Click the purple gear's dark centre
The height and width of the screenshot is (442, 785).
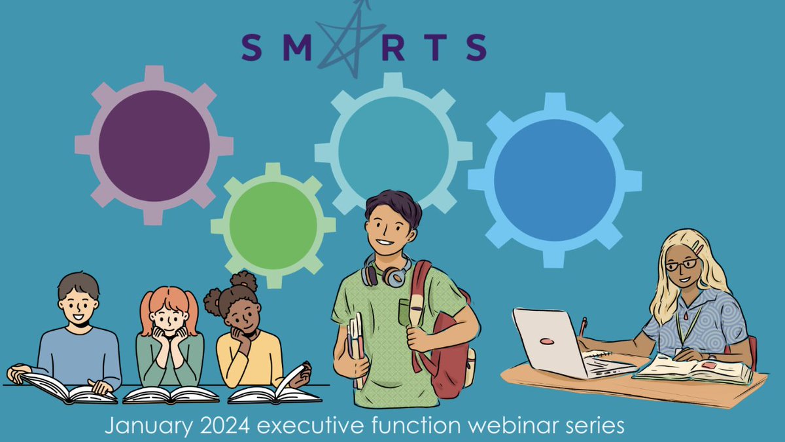tap(154, 145)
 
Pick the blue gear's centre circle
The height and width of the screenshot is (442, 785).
tap(555, 180)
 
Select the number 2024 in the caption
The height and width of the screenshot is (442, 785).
tap(215, 427)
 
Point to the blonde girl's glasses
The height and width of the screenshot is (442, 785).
tap(682, 265)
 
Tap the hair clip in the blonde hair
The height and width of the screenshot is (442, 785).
tap(698, 249)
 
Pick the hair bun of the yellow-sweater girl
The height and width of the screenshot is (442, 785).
tap(243, 282)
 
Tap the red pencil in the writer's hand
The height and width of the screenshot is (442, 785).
tap(582, 327)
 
